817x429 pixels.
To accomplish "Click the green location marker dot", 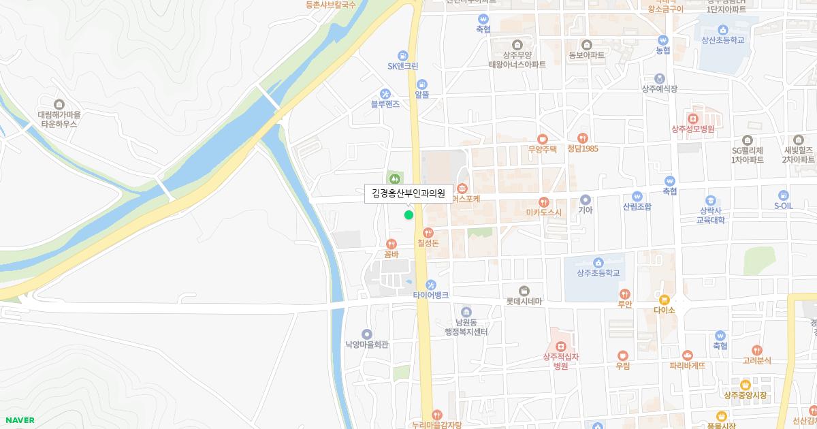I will point(408,215).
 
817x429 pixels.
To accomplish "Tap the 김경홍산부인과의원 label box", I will point(408,193).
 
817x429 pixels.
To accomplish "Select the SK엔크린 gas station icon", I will point(403,55).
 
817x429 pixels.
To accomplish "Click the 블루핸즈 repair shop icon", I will point(385,94).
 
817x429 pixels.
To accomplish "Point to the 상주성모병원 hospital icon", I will point(693,118).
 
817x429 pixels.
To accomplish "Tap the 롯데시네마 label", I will point(524,302).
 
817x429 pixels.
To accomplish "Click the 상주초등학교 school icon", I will point(598,262).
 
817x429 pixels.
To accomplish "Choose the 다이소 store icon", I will point(664,300).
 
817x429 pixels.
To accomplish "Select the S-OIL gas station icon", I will point(784,195).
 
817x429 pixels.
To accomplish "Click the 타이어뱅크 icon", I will point(430,285).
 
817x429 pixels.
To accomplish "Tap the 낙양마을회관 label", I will point(366,345).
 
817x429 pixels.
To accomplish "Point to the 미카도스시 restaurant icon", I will point(543,202).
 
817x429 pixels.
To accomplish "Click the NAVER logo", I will point(19,420).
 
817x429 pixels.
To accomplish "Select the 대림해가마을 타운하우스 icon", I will point(59,104).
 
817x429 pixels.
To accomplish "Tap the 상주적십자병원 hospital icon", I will point(560,346).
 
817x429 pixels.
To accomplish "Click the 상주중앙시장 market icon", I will point(745,385).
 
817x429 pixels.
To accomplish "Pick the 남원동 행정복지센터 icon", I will point(466,312).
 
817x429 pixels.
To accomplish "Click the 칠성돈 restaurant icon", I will point(428,232).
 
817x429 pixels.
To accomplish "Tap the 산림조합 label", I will point(637,206).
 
